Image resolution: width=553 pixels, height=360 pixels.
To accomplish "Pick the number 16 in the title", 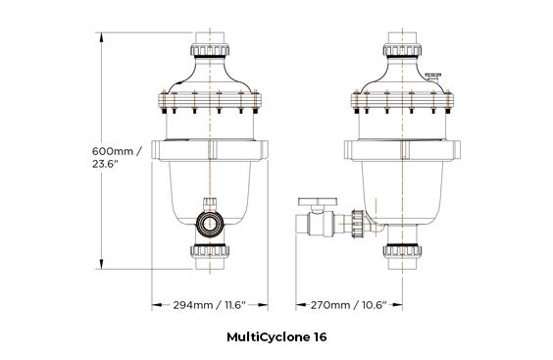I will [x=321, y=336].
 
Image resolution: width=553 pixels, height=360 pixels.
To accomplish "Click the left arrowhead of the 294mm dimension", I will [x=151, y=305].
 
